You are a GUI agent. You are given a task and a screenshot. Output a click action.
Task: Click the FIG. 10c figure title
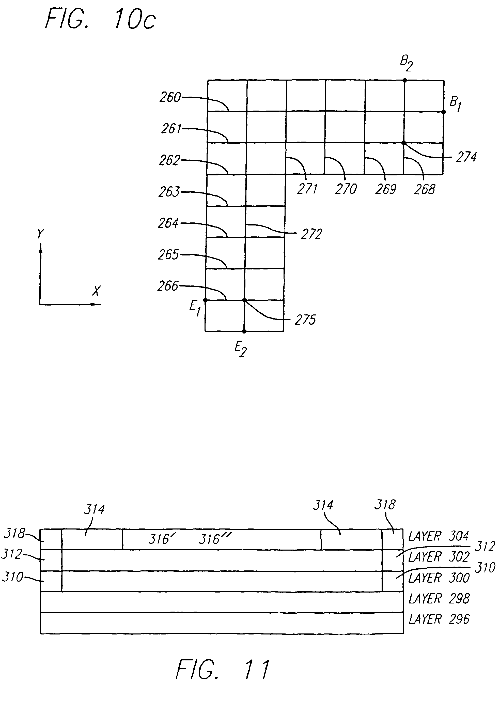pos(100,20)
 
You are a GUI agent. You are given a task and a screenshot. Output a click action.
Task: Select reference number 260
pos(170,97)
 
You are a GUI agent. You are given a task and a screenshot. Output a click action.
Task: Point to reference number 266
pos(168,286)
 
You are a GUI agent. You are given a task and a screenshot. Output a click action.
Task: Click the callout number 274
pos(466,157)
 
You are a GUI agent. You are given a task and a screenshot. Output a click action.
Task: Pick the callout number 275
pos(305,320)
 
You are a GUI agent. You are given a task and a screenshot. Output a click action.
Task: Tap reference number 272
pos(311,234)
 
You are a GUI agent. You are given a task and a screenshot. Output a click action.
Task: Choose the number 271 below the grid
pos(307,189)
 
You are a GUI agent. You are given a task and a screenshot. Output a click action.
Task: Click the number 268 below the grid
pos(425,189)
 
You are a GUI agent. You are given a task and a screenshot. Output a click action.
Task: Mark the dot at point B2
pos(404,80)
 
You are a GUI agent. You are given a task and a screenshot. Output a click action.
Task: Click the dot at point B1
pos(444,112)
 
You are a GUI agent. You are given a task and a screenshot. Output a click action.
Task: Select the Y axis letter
pos(41,234)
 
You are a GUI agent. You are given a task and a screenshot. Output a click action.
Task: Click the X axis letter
pos(96,291)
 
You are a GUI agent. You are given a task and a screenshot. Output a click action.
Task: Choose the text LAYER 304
pos(438,536)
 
